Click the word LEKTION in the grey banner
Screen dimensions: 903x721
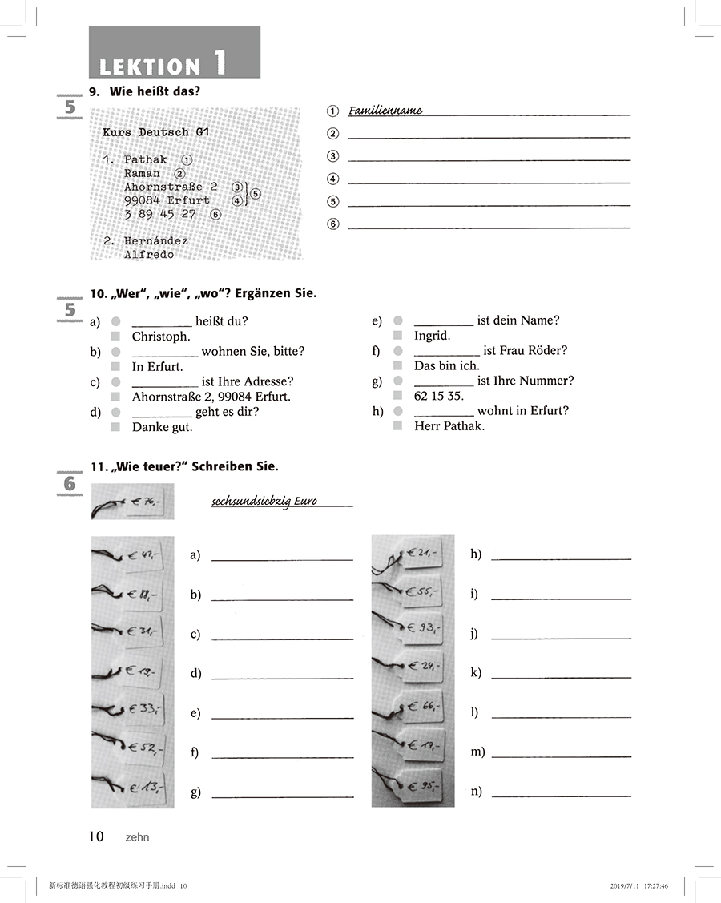click(x=150, y=66)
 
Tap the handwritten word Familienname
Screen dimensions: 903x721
click(x=385, y=111)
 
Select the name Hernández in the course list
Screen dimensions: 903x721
click(x=156, y=241)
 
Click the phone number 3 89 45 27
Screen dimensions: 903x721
click(x=160, y=214)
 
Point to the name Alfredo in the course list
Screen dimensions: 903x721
click(x=149, y=255)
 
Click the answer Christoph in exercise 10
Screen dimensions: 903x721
click(x=161, y=337)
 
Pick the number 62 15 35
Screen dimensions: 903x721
click(x=439, y=396)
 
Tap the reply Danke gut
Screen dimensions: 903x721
click(x=163, y=427)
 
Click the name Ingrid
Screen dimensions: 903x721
click(x=433, y=336)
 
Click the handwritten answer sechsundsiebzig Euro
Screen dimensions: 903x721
click(x=264, y=502)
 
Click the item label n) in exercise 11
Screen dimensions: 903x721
click(x=477, y=792)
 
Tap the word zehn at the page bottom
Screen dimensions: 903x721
click(x=137, y=837)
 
